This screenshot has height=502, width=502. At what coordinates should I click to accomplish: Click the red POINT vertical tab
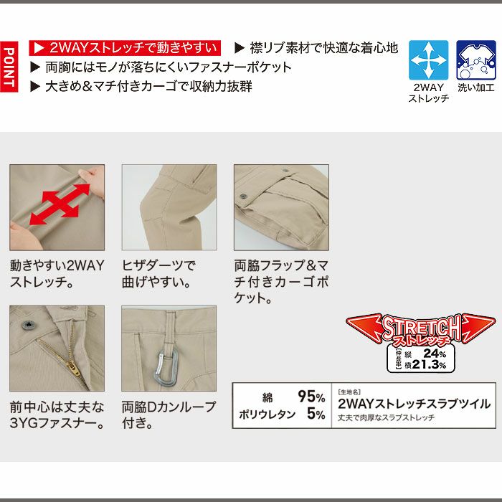[x=9, y=67]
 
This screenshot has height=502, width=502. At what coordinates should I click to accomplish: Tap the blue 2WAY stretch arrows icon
[x=428, y=60]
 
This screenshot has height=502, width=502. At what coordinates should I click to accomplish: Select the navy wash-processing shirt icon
[x=475, y=60]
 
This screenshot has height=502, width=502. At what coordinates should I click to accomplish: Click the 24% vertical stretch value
[x=434, y=353]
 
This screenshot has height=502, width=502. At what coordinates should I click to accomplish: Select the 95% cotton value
[x=311, y=397]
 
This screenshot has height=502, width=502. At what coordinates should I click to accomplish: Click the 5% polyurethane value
[x=316, y=414]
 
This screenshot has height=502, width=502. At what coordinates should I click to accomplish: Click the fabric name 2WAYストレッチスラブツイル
[x=414, y=404]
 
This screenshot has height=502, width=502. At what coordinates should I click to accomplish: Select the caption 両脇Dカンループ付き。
[x=169, y=415]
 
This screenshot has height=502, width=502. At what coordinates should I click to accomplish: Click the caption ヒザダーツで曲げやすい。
[x=158, y=273]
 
